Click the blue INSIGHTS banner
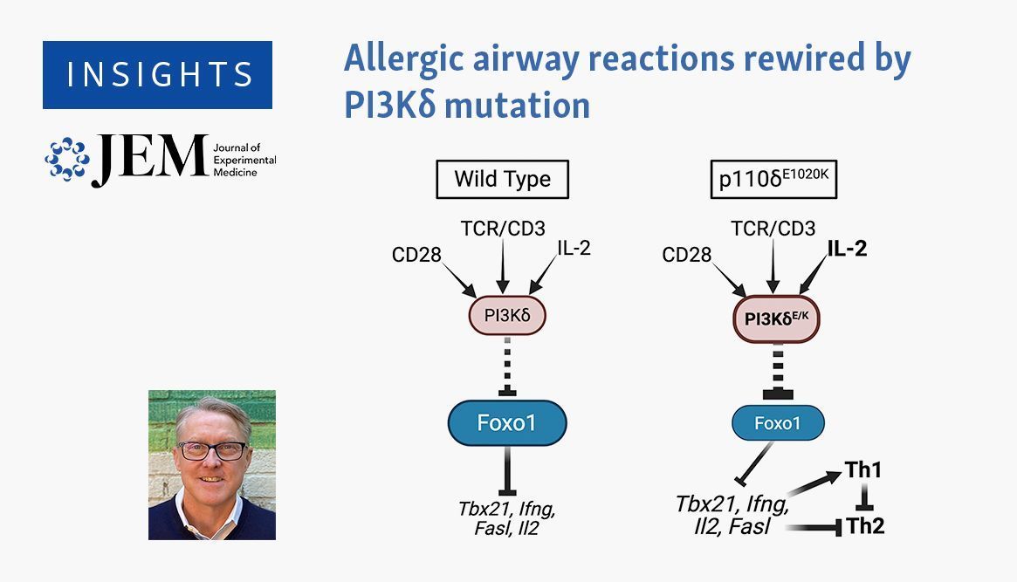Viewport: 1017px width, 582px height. [158, 74]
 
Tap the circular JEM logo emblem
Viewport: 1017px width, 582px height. [67, 159]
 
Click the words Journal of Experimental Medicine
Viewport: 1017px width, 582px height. [244, 160]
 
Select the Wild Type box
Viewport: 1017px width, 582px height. [503, 179]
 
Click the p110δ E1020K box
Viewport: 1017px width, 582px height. [773, 179]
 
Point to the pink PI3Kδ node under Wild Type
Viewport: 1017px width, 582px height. [507, 316]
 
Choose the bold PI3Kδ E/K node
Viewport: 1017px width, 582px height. [776, 318]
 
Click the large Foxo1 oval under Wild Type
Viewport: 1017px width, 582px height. [507, 423]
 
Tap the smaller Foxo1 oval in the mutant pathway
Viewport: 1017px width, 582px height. [779, 423]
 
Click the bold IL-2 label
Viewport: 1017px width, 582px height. [847, 248]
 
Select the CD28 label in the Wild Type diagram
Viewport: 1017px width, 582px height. [416, 255]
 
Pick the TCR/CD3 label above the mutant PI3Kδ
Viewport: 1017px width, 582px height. [773, 228]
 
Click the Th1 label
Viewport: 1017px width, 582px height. [862, 470]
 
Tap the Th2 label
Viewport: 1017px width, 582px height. [865, 525]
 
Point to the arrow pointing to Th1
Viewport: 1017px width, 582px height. [814, 483]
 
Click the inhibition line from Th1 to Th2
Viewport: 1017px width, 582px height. [864, 497]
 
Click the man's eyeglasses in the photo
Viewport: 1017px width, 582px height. [212, 449]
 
